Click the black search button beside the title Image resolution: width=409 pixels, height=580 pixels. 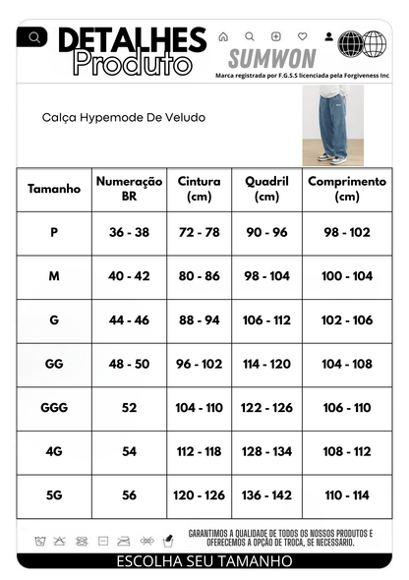pos(34,37)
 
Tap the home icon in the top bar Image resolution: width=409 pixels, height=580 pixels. pos(223,36)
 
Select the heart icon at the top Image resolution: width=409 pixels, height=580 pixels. pos(302,36)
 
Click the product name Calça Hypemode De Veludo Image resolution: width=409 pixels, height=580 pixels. pos(124,116)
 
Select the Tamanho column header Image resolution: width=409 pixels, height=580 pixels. pos(54,189)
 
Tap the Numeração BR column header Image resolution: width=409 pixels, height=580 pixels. pos(129,189)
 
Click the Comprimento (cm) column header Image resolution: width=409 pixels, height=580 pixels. pos(347,189)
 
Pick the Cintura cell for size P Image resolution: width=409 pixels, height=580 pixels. pos(200,233)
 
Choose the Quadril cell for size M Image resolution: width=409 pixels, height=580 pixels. pos(266,276)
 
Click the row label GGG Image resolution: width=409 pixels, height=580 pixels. pos(54,407)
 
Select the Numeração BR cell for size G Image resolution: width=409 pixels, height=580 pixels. pos(129,320)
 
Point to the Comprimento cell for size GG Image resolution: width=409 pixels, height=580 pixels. pos(347,364)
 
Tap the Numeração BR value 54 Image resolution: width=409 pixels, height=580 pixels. pos(129,451)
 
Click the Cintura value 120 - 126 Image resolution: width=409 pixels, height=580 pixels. pos(200,495)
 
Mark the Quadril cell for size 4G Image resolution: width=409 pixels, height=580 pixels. pos(266,451)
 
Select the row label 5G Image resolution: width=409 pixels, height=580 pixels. pos(54,495)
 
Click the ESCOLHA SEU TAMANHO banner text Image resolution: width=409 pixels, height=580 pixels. pos(204,561)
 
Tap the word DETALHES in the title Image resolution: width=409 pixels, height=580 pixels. pos(132,40)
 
